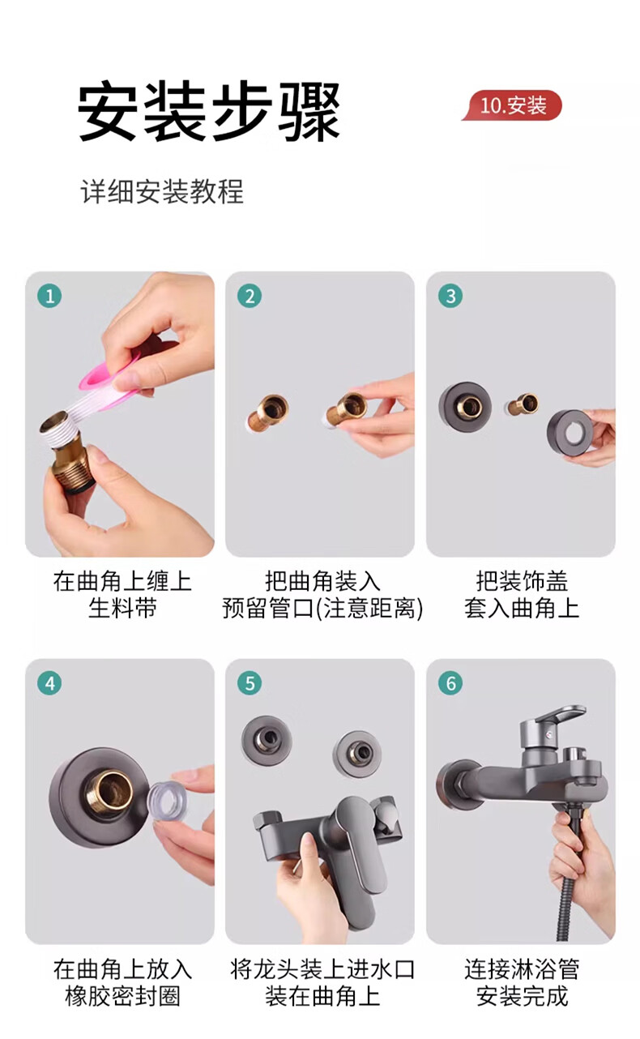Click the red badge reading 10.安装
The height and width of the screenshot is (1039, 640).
pos(512,105)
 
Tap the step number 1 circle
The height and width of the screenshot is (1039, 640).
pos(49,297)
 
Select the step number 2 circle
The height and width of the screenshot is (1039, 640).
pos(250,297)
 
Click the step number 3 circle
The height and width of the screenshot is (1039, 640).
pos(450,297)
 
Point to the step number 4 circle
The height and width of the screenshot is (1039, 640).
pos(49,683)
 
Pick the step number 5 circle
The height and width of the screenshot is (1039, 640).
pos(250,683)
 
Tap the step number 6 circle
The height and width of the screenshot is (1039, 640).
pos(450,683)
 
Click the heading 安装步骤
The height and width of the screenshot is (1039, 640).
pos(209,111)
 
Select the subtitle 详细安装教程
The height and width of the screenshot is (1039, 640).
pos(162,191)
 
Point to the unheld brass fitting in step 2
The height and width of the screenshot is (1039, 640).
pos(267,413)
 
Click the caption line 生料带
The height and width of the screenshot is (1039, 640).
pos(122,608)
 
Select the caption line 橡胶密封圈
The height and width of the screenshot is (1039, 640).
pos(122,996)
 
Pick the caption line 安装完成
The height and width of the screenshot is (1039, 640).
pos(522,996)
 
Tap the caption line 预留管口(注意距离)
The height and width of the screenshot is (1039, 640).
pos(322,608)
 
